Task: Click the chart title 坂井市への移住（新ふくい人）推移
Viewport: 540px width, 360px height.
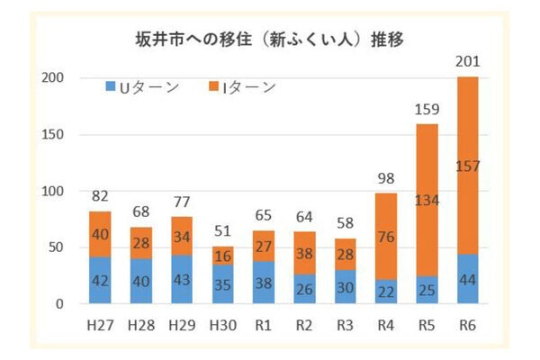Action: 270,40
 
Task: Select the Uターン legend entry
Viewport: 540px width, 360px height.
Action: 143,87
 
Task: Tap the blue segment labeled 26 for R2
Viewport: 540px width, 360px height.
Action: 305,289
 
